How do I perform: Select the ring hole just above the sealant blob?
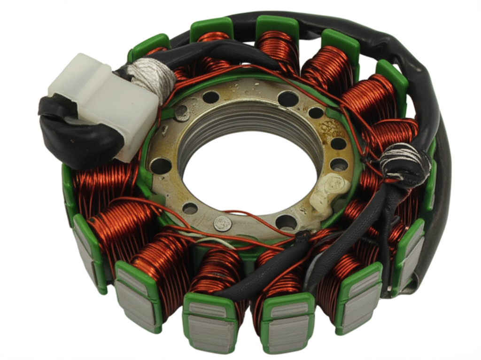point(339,164)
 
